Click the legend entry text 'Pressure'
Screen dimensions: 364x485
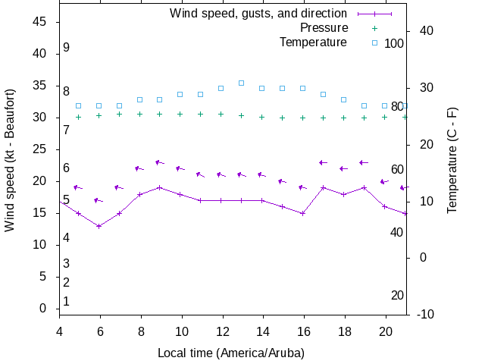click(324, 27)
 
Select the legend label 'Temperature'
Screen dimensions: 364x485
click(313, 42)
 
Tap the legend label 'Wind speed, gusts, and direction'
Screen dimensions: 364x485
click(258, 13)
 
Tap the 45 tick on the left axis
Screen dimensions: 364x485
click(41, 23)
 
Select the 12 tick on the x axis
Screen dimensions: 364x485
click(221, 331)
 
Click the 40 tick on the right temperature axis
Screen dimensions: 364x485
click(426, 31)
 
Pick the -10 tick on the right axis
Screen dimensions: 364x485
click(426, 315)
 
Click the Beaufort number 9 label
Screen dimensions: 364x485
click(67, 48)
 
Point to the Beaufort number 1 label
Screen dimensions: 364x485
click(67, 302)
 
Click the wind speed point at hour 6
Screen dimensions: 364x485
click(99, 226)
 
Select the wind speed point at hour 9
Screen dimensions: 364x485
click(160, 187)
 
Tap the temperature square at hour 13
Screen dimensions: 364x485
click(241, 83)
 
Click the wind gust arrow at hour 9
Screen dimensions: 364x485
click(159, 162)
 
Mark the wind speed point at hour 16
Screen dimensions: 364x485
click(302, 213)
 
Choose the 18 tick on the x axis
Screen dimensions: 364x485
click(343, 331)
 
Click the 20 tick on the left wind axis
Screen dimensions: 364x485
click(41, 181)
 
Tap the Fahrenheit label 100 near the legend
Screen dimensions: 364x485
click(394, 43)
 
